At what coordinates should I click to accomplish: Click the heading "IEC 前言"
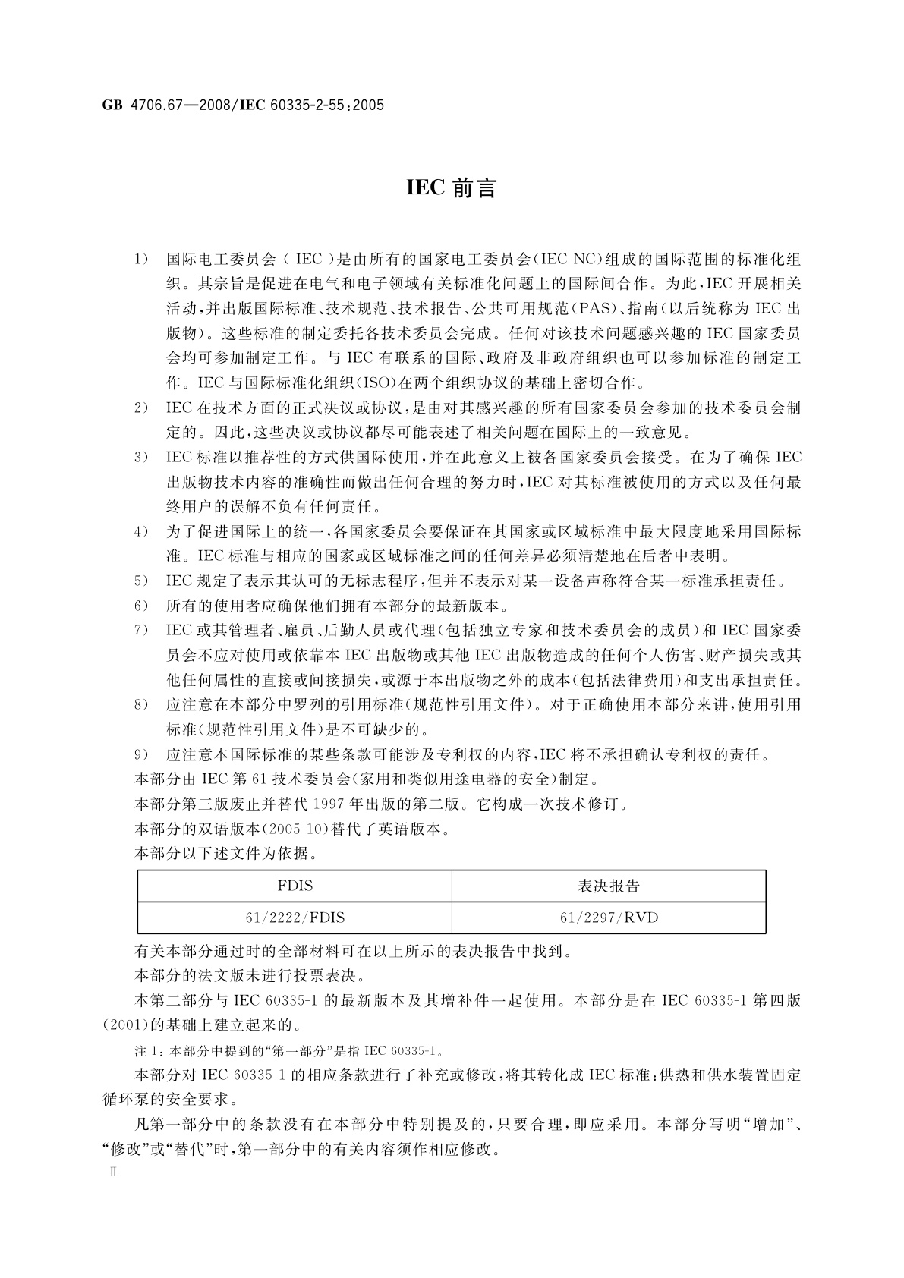[x=451, y=188]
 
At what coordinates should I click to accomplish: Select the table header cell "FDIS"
[x=295, y=886]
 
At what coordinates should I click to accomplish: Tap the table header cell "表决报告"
[x=609, y=886]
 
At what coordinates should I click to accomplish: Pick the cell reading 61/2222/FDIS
[x=295, y=918]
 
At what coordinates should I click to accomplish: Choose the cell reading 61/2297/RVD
[x=609, y=918]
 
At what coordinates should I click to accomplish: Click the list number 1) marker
[x=141, y=260]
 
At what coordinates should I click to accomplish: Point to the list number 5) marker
[x=141, y=581]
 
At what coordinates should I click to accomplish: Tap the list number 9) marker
[x=141, y=755]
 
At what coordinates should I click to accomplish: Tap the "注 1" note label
[x=146, y=1051]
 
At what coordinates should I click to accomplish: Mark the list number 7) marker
[x=141, y=631]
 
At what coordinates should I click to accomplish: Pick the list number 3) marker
[x=141, y=458]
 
